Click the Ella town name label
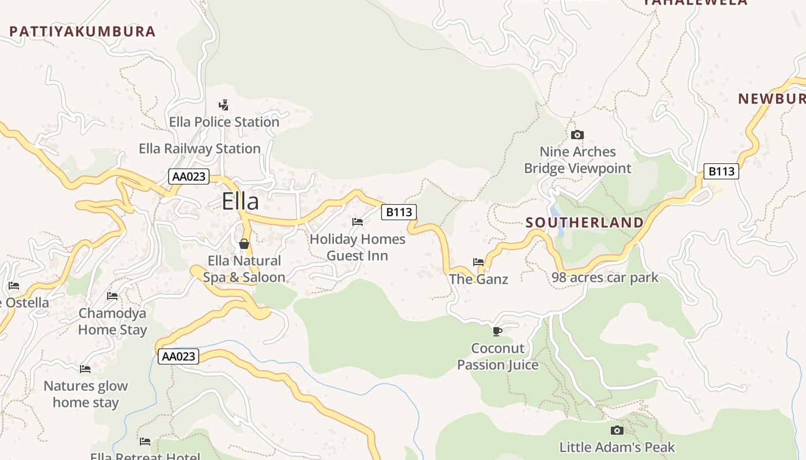pos(240,201)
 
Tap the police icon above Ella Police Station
pos(224,105)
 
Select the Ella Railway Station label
pos(200,149)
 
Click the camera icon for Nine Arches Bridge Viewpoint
pos(577,135)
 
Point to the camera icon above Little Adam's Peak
pos(617,430)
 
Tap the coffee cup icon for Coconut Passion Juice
pos(497,331)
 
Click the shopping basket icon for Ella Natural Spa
pos(244,244)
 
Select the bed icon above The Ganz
pos(478,262)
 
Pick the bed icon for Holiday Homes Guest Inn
pos(358,222)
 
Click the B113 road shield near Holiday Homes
pos(399,212)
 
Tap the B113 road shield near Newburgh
pos(721,171)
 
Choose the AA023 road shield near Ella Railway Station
pos(189,177)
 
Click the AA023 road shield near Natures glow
pos(178,356)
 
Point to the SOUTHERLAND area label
pos(584,223)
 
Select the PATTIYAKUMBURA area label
pos(82,32)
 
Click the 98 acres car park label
pos(604,278)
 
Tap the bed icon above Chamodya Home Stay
pos(112,296)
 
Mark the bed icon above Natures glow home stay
pos(85,369)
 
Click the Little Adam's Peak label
pos(617,447)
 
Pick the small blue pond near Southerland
pos(557,221)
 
